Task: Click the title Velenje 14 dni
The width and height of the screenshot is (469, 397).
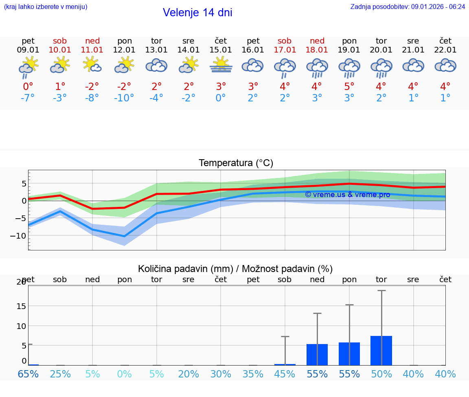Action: [x=197, y=13]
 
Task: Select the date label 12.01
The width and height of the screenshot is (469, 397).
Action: [x=124, y=50]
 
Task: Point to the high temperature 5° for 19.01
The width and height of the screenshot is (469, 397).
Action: [x=349, y=87]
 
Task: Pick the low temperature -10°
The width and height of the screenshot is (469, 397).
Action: [x=124, y=98]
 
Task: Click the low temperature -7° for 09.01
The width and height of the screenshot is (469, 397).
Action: [x=28, y=98]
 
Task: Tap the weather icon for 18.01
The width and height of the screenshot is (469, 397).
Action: [x=317, y=67]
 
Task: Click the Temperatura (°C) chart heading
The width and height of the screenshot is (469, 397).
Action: [x=236, y=163]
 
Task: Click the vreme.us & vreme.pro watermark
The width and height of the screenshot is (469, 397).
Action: [x=347, y=195]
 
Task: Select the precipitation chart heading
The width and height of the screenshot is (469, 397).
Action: [x=235, y=269]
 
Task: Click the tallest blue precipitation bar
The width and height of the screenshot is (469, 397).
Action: [x=381, y=351]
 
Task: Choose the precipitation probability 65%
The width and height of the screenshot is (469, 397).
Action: [x=28, y=374]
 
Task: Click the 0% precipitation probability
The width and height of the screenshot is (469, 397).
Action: [x=124, y=374]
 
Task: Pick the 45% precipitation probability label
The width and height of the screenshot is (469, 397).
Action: [x=285, y=374]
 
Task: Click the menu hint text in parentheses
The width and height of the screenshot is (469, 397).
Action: [x=45, y=7]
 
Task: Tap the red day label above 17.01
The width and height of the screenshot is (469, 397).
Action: [x=285, y=41]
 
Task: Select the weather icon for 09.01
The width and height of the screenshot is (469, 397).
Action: [x=28, y=67]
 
